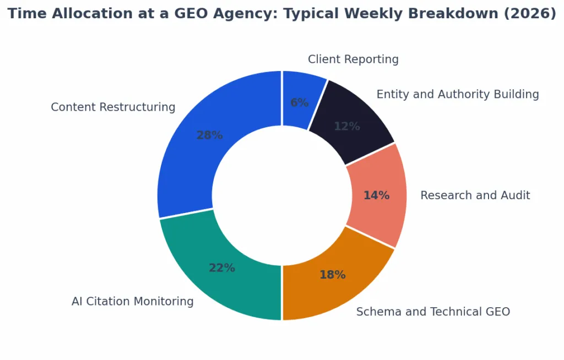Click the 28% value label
click(209, 135)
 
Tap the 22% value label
click(221, 268)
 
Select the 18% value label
click(332, 275)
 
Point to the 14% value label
click(376, 195)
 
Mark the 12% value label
click(346, 127)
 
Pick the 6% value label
click(299, 103)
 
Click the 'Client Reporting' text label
click(353, 59)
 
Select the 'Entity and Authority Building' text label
click(457, 95)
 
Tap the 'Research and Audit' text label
click(475, 195)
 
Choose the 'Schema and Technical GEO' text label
click(433, 312)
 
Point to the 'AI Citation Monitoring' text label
click(132, 302)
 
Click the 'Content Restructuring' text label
click(113, 107)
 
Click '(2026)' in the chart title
click(530, 14)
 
